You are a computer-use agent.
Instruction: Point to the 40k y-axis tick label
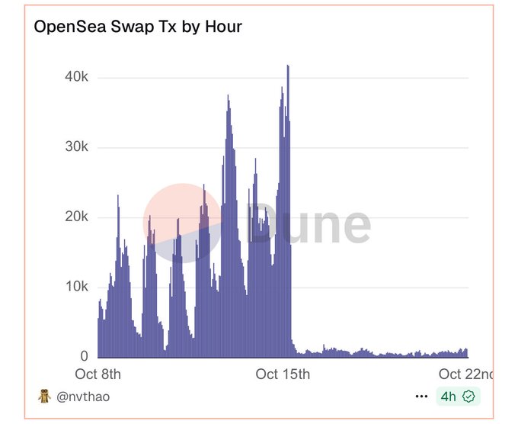(x=75, y=78)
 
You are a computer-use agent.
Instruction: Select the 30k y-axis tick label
(x=75, y=147)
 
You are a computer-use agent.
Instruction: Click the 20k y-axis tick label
(x=75, y=217)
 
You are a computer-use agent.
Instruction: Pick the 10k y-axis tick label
(x=75, y=287)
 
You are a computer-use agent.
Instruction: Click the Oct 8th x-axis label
(x=98, y=374)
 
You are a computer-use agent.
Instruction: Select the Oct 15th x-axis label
(x=283, y=374)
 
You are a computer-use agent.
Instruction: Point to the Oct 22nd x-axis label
(x=465, y=374)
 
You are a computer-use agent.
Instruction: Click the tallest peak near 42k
(x=288, y=67)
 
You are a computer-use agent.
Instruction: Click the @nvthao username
(x=83, y=397)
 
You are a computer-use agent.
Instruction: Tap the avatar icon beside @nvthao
(x=44, y=397)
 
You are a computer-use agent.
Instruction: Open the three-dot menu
(x=421, y=397)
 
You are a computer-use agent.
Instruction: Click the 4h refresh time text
(x=448, y=397)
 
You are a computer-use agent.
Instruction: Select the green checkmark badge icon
(x=468, y=397)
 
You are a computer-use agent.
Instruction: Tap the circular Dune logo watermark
(x=183, y=223)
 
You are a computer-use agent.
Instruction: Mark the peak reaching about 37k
(x=228, y=98)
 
